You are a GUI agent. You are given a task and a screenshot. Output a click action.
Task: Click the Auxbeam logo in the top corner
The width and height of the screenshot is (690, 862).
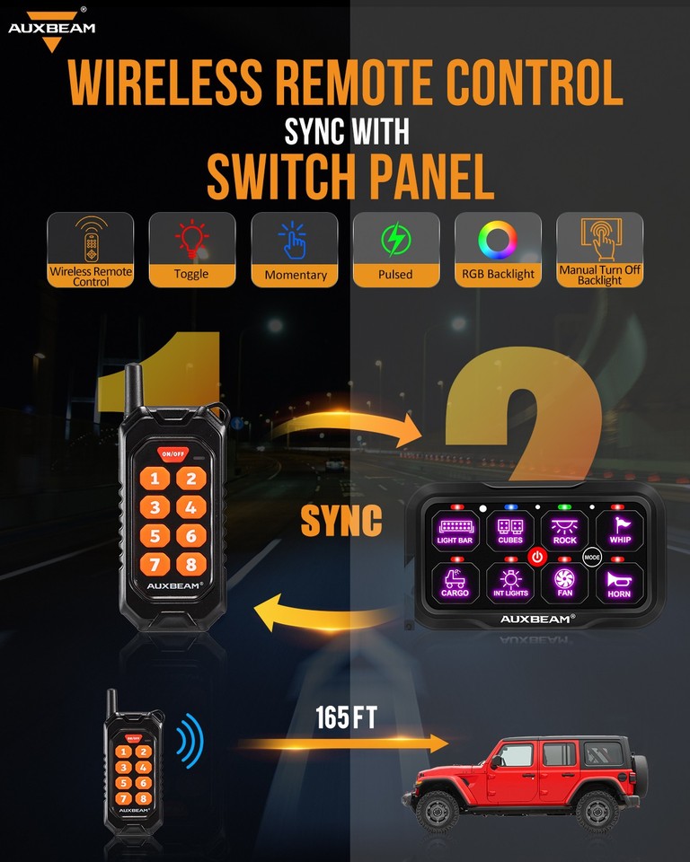point(50,23)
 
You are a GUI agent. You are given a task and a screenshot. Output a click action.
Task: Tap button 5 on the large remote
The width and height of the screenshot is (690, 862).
point(155,537)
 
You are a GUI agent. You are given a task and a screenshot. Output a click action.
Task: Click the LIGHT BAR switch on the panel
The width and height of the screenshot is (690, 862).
point(455,529)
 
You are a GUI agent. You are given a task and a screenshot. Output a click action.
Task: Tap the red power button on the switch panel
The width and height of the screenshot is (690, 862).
point(537,557)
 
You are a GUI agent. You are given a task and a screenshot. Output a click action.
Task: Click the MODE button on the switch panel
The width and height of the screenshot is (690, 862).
point(591,557)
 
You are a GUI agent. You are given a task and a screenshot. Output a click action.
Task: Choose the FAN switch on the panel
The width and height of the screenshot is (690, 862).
point(564,582)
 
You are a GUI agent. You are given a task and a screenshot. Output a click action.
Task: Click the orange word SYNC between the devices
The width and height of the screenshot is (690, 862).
point(341,520)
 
